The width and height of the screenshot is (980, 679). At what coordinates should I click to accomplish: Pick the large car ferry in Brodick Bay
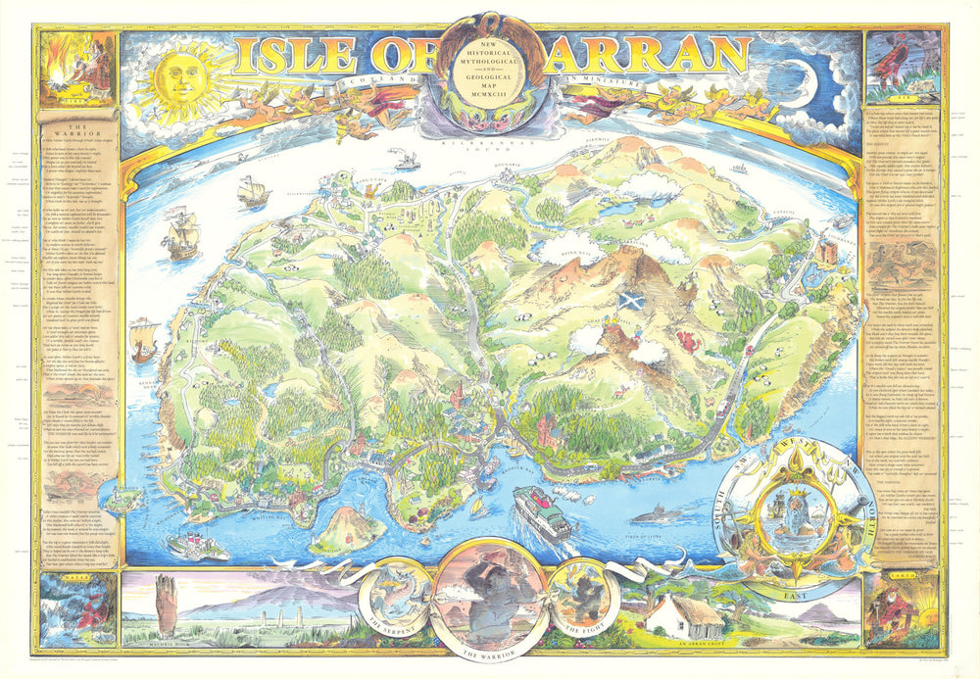point(542,509)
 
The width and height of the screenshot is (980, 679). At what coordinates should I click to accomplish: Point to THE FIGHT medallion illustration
point(582,594)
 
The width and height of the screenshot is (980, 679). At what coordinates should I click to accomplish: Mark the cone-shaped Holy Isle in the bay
point(347,526)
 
